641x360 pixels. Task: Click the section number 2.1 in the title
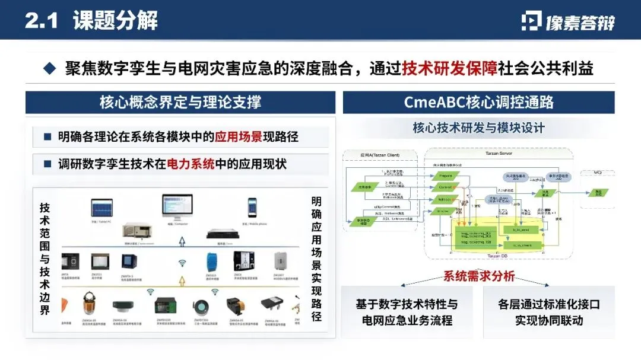(x=42, y=21)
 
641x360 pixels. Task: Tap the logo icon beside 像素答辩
(x=531, y=21)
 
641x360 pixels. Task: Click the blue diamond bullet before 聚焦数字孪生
(x=50, y=69)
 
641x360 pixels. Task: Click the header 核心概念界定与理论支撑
(x=180, y=102)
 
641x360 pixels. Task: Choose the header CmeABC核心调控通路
(x=478, y=102)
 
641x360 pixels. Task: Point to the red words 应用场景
(x=240, y=137)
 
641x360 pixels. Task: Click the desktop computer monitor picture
(x=177, y=208)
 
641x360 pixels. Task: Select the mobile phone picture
(x=252, y=207)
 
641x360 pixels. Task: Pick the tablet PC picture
(x=101, y=208)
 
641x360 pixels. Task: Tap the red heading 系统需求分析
(x=478, y=276)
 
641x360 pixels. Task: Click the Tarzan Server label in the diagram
(x=498, y=153)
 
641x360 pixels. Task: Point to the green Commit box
(x=446, y=187)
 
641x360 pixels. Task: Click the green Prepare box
(x=446, y=176)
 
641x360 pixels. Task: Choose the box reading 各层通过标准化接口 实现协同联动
(x=548, y=312)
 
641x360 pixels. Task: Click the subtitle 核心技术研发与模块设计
(x=478, y=128)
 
